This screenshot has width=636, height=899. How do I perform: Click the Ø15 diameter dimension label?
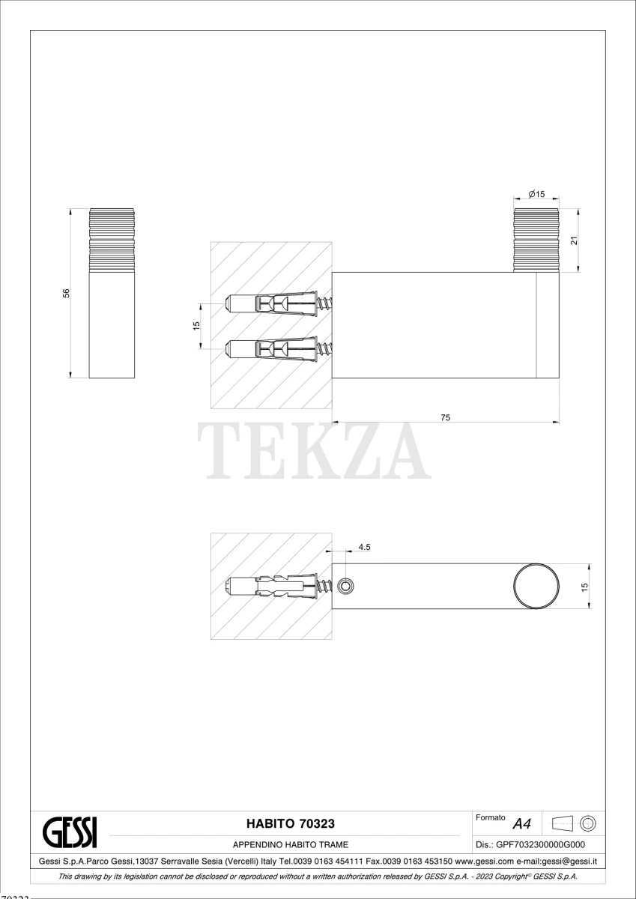tap(536, 194)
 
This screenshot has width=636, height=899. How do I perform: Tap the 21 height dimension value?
tap(574, 240)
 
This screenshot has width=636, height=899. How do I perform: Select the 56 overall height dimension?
tap(66, 294)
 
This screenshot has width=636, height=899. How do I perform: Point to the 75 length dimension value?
tap(446, 417)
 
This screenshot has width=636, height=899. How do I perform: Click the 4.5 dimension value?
tap(364, 547)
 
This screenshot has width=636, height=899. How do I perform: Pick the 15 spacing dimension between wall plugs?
tap(196, 326)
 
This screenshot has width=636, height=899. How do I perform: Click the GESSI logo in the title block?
tap(70, 832)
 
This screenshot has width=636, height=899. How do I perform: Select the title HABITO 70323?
tap(291, 823)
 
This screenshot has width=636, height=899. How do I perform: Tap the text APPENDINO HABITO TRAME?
tap(291, 844)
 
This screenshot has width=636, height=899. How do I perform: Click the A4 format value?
tap(521, 824)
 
